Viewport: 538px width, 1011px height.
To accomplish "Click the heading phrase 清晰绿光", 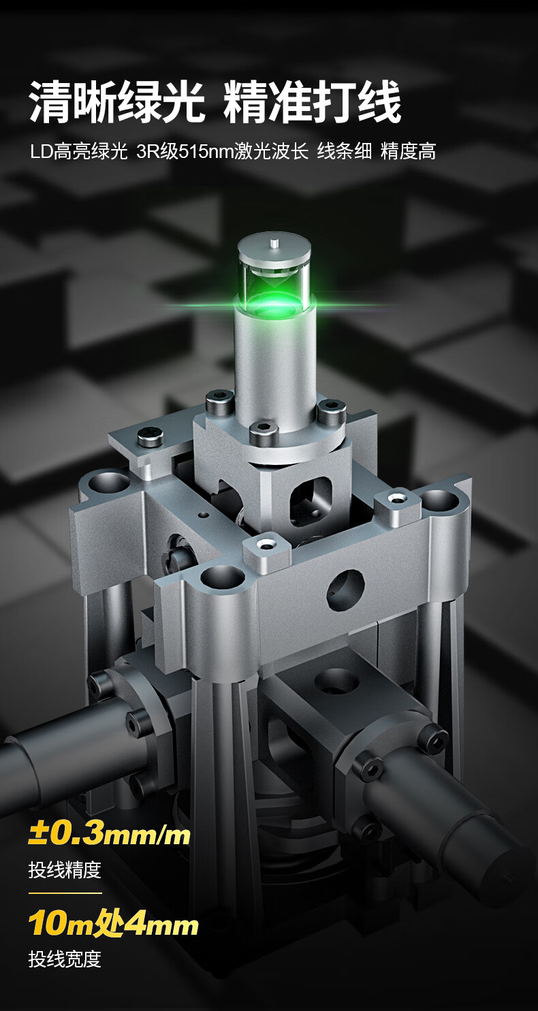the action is pos(116,102).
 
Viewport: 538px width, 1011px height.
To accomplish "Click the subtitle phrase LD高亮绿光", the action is pos(79,152).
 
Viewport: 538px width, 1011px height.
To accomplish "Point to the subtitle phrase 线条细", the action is pos(345,152).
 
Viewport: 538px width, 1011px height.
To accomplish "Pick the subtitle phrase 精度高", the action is pos(408,152).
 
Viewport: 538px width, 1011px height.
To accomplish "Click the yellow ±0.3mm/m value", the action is pos(109,835).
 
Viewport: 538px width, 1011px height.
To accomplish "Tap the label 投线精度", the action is pos(65,869).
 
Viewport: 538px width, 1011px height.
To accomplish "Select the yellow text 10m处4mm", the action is pos(113,925).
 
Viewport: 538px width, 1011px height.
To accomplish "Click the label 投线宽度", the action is pos(65,959).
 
